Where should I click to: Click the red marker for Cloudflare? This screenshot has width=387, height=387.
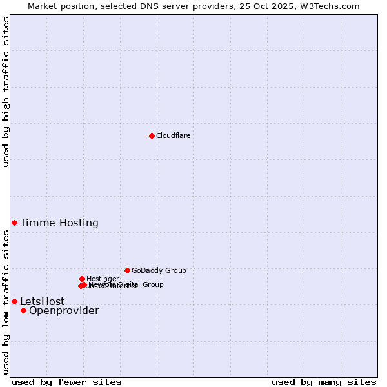(x=152, y=135)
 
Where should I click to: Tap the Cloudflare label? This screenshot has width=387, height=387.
(x=173, y=135)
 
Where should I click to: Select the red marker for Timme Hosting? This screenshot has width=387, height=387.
(x=14, y=223)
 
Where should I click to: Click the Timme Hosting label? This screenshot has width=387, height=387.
(x=59, y=223)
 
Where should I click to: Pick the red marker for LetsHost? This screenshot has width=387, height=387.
(x=14, y=301)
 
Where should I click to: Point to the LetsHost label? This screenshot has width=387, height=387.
(x=42, y=301)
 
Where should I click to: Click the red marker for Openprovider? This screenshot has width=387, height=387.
(x=23, y=310)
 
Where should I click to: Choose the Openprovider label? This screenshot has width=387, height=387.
(x=64, y=311)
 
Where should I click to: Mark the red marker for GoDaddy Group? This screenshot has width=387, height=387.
(x=127, y=270)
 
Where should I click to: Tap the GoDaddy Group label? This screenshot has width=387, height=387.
(x=159, y=270)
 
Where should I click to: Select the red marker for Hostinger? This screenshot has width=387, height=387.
(x=82, y=279)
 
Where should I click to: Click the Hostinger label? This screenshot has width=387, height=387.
(x=103, y=279)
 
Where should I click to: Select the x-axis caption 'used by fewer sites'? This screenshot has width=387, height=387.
(x=66, y=382)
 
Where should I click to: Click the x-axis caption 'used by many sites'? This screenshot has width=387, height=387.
(x=324, y=382)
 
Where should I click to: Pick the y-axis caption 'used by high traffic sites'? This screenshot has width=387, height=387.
(x=6, y=92)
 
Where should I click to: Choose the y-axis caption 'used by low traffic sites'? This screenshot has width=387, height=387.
(x=6, y=302)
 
